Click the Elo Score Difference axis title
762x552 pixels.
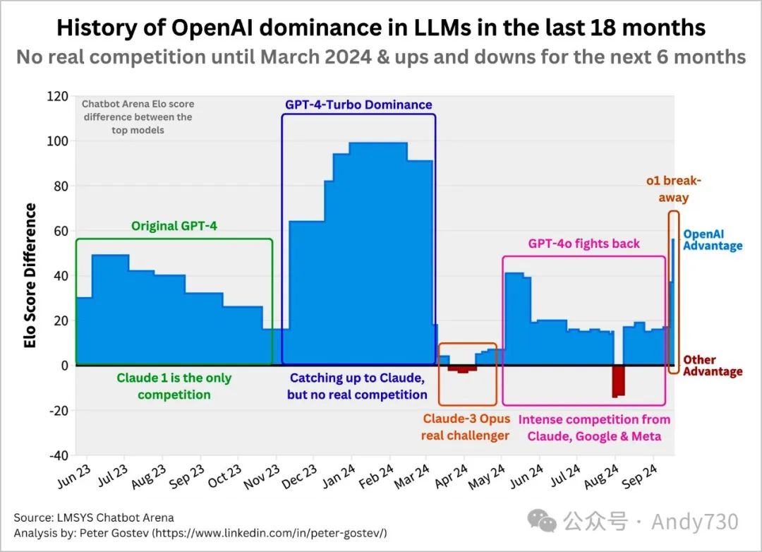[x=30, y=275]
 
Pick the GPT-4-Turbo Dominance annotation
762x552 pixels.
[x=358, y=104]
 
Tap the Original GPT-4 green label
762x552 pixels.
[x=174, y=227]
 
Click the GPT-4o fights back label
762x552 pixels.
[x=584, y=244]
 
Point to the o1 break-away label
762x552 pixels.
[x=673, y=189]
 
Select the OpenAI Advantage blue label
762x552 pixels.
[x=713, y=240]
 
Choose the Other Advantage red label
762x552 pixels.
[x=713, y=366]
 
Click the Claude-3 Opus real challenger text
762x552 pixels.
[x=466, y=427]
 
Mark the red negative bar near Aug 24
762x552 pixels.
[x=619, y=380]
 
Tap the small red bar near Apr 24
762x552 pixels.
[x=463, y=368]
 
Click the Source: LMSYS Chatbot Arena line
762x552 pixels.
[x=93, y=518]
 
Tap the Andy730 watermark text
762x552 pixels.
[x=694, y=522]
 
